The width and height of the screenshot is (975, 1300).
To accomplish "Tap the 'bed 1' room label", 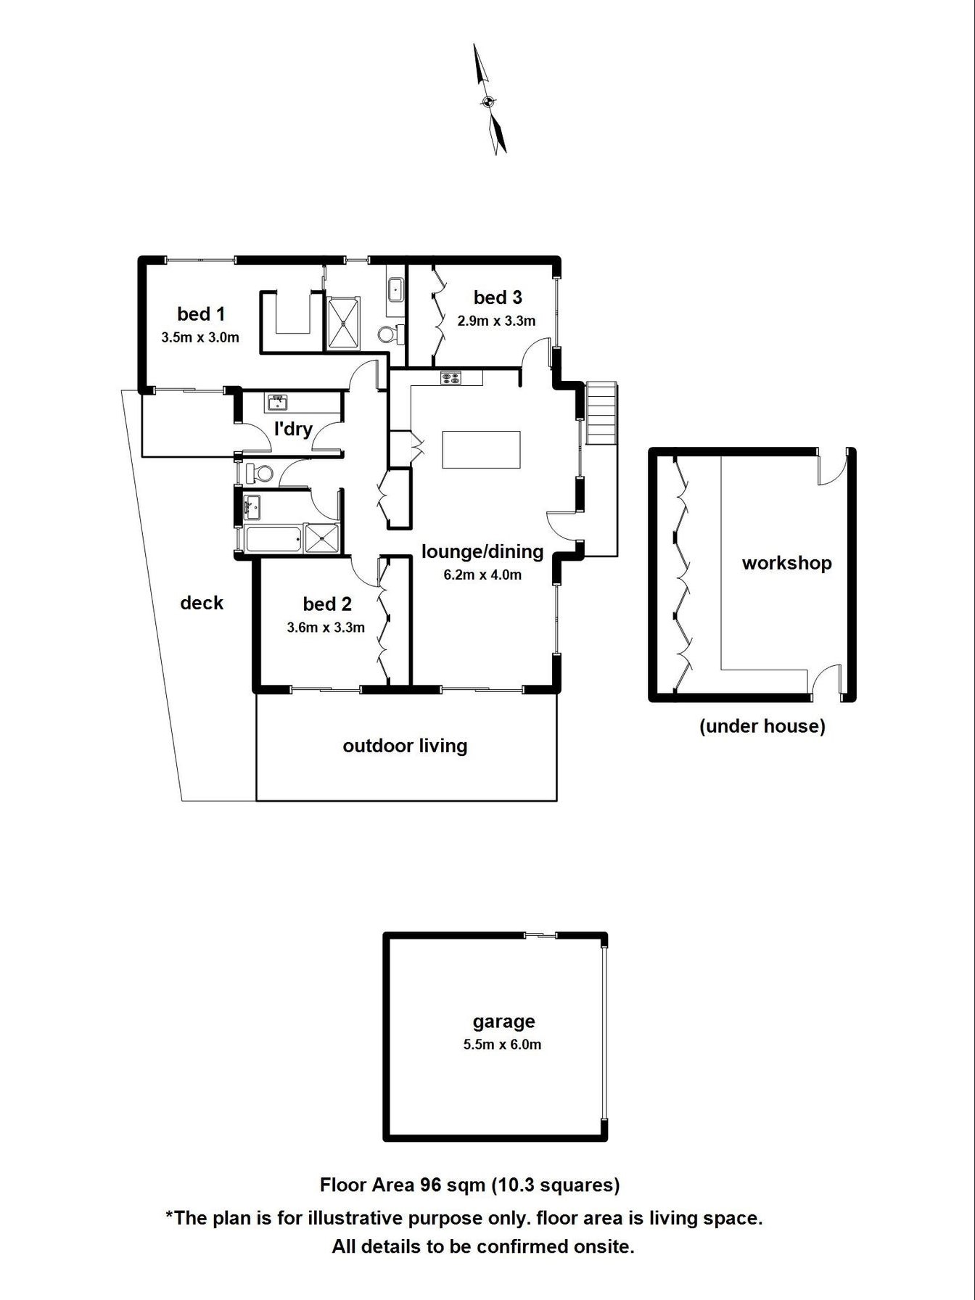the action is (201, 314).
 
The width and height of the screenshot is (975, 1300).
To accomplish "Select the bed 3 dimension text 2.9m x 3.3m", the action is (497, 321).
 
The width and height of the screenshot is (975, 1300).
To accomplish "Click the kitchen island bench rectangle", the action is (482, 450).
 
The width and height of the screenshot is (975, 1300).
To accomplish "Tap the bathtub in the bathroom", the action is (273, 539).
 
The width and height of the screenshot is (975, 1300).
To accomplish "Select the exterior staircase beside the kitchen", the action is (601, 413).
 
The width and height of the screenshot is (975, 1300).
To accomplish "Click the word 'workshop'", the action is (786, 563).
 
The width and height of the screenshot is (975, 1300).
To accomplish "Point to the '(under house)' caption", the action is (762, 726).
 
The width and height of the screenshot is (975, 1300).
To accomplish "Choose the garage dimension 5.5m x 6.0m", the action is (502, 1045).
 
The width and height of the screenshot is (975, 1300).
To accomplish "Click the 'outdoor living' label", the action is (405, 746).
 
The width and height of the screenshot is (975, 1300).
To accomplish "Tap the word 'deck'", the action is (202, 603).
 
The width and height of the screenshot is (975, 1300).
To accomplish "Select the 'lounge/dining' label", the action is (482, 551).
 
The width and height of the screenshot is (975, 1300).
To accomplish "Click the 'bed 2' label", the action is (327, 604).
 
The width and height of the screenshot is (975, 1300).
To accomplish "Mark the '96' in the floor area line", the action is (431, 1185).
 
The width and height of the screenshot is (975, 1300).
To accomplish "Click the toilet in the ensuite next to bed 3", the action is (390, 334).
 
